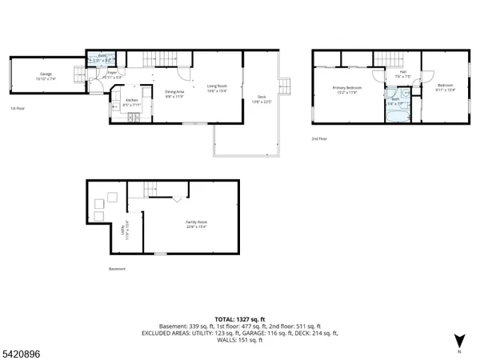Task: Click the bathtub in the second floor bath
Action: coord(393,113)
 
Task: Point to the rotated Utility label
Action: coord(123,231)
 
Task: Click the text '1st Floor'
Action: coord(18,108)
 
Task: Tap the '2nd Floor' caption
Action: coord(320,138)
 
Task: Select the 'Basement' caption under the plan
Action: coord(118,269)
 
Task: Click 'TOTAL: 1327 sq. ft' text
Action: coord(239,318)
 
